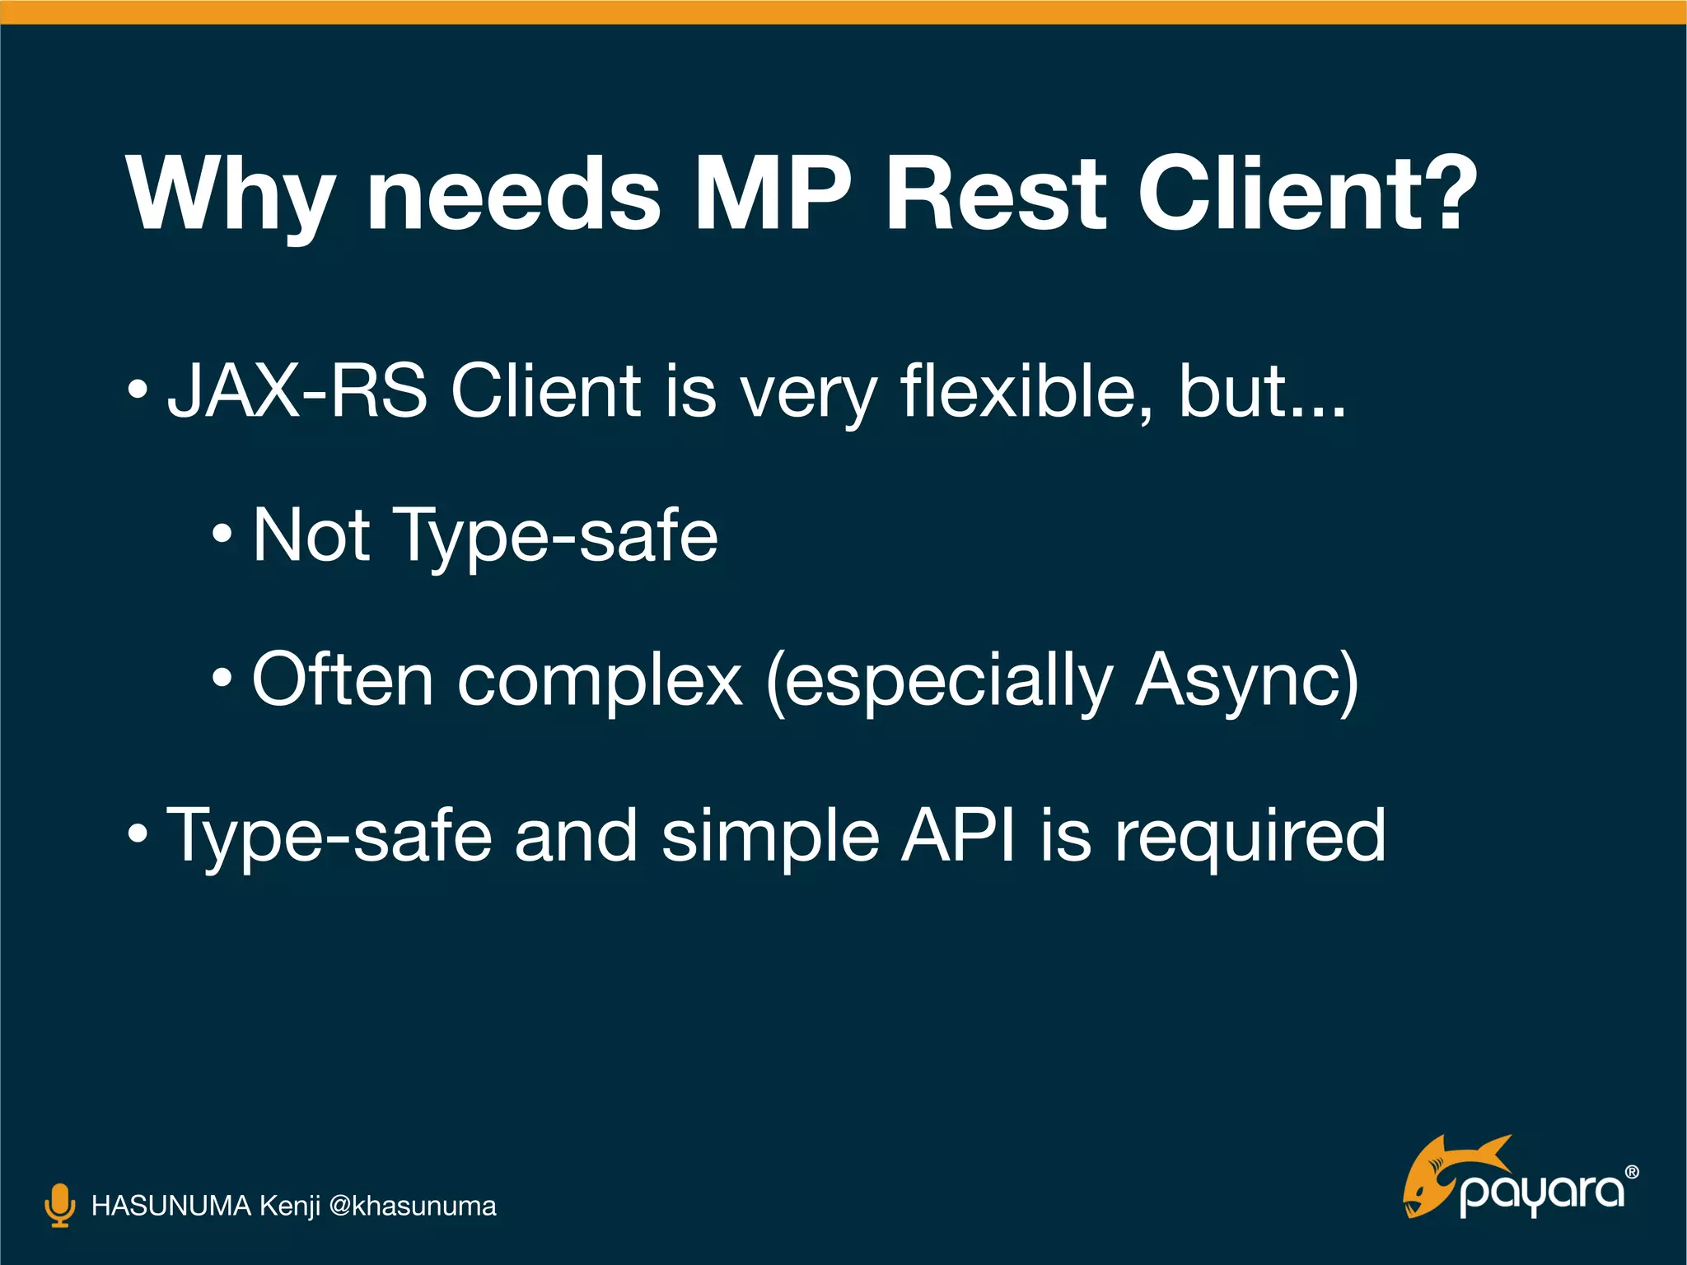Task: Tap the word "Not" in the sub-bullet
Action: click(311, 535)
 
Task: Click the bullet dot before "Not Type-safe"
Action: click(222, 535)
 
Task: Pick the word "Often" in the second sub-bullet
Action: click(342, 680)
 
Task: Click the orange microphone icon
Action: click(59, 1206)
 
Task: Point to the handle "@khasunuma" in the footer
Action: click(412, 1206)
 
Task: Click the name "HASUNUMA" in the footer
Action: click(171, 1206)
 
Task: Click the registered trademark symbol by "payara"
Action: click(1632, 1172)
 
